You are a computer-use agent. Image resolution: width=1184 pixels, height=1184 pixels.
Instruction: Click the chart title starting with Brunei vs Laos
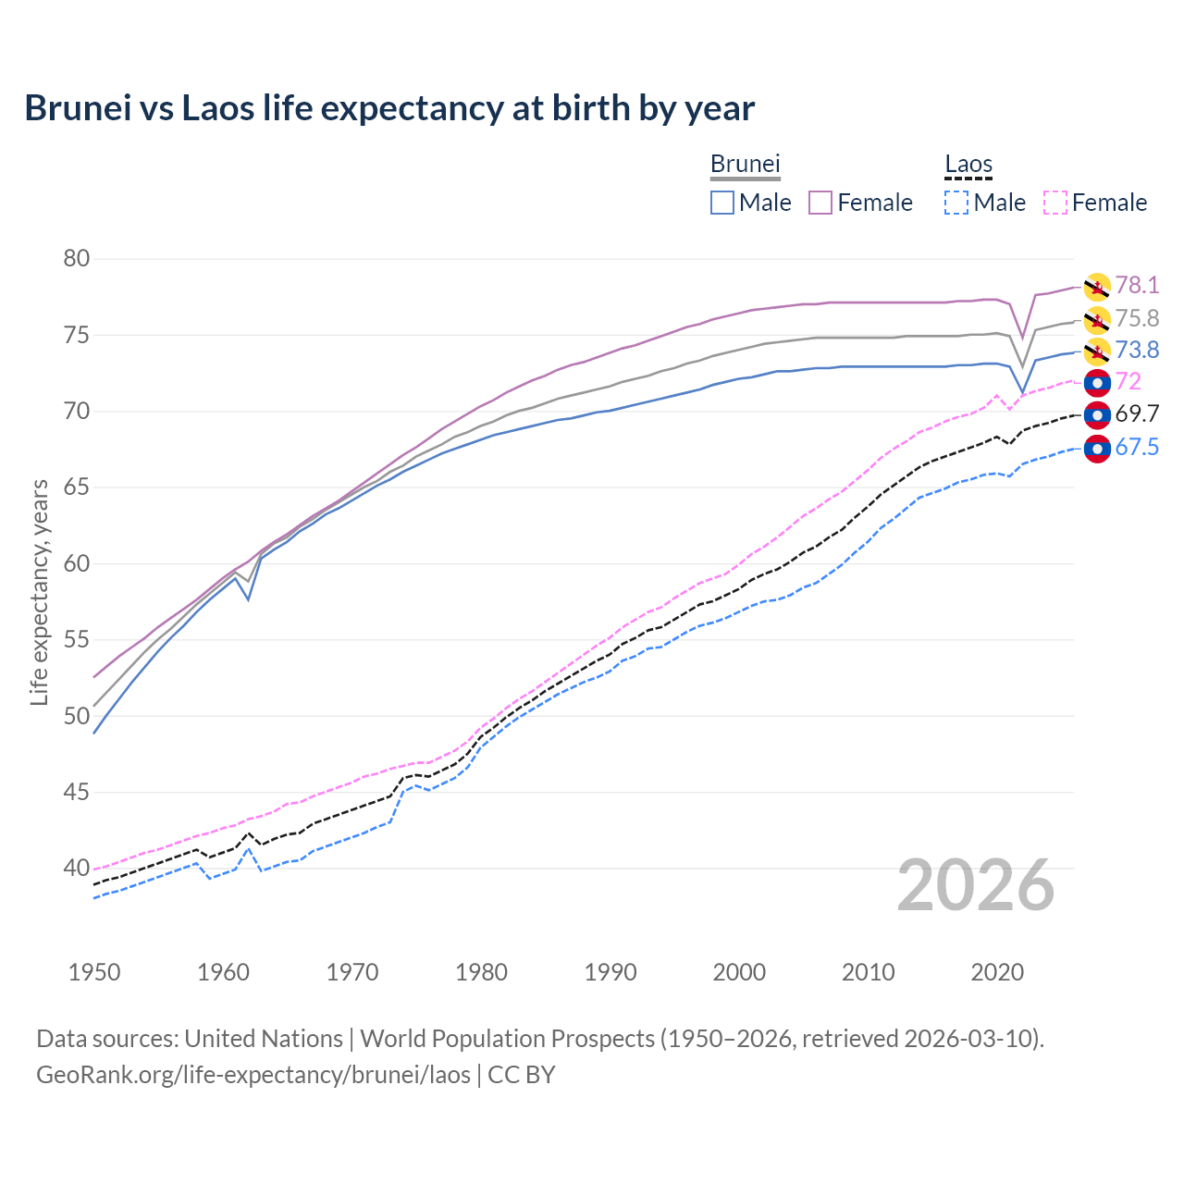[389, 108]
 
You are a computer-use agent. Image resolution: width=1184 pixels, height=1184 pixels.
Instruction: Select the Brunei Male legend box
[722, 203]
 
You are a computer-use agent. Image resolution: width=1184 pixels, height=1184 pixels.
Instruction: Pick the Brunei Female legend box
[821, 203]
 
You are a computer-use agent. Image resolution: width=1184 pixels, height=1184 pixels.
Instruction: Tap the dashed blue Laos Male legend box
[956, 203]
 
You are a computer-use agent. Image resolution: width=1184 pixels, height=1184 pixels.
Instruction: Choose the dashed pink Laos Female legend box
[1055, 203]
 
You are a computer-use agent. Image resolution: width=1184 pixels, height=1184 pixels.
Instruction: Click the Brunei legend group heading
[746, 164]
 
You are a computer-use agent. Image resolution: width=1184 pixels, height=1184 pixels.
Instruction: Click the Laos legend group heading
[968, 164]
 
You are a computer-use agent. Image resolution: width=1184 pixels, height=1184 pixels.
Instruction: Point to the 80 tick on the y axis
[77, 259]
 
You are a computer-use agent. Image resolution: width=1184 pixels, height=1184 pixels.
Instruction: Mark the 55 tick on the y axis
[77, 640]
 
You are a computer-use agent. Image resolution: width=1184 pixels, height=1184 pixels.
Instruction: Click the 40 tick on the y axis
[77, 869]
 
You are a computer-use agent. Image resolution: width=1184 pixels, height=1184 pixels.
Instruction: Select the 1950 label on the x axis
[94, 972]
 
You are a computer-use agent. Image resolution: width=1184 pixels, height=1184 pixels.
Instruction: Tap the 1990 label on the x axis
[610, 972]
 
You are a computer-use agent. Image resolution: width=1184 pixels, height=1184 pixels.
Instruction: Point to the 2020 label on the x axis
[997, 972]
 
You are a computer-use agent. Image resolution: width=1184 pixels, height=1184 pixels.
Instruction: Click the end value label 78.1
[1137, 286]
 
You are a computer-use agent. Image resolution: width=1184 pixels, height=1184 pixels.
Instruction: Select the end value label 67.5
[1137, 448]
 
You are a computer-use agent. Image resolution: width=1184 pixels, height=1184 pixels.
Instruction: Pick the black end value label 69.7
[1137, 414]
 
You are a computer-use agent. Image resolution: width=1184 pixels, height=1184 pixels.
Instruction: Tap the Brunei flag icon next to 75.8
[1097, 320]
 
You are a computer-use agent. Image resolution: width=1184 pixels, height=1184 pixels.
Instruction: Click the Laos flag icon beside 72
[1097, 382]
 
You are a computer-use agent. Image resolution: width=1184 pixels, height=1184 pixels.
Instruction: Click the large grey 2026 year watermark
[976, 885]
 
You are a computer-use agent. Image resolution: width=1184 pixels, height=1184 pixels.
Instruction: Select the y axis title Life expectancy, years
[39, 592]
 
